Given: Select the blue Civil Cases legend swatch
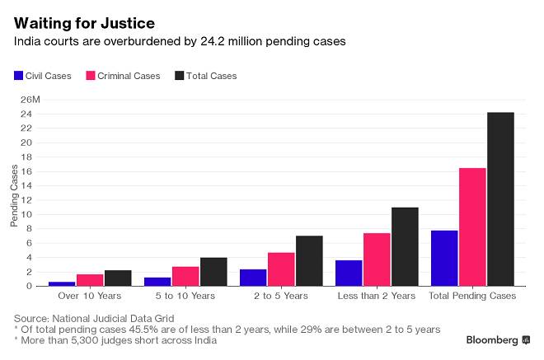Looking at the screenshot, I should (19, 76).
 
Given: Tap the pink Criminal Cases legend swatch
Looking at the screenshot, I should (90, 76).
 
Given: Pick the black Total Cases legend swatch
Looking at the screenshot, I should (181, 76).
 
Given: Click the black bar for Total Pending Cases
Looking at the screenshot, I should (500, 199).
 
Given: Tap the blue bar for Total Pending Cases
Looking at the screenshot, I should (444, 258).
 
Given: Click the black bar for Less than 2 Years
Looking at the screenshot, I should (405, 246).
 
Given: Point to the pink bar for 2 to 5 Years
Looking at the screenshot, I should (281, 269).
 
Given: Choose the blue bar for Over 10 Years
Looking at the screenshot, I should (62, 283).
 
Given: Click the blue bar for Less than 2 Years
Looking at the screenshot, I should (349, 273).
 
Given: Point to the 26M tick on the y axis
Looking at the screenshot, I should (30, 100).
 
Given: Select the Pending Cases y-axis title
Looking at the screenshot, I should (15, 194).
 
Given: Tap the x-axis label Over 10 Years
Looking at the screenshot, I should (90, 295).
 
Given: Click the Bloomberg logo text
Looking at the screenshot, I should (490, 339).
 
